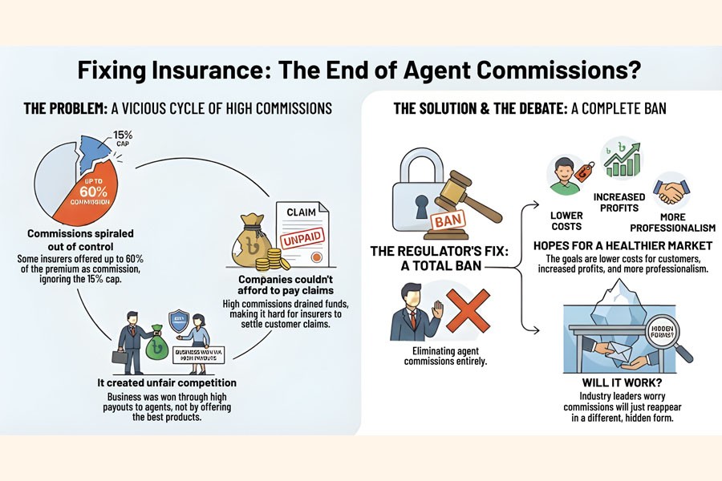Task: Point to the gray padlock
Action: point(420,192)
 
